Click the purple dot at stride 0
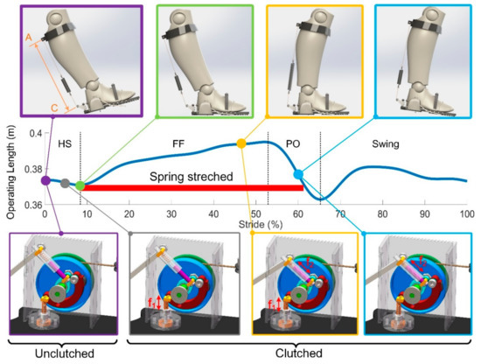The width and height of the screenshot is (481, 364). click(45, 180)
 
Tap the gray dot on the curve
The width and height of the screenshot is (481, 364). click(65, 184)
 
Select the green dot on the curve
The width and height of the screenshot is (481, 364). click(80, 185)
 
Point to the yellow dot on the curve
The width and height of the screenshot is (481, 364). click(241, 143)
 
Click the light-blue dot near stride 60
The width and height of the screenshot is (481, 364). click(298, 174)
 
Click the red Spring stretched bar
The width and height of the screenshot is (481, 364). click(192, 187)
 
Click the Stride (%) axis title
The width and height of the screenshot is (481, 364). click(255, 223)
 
